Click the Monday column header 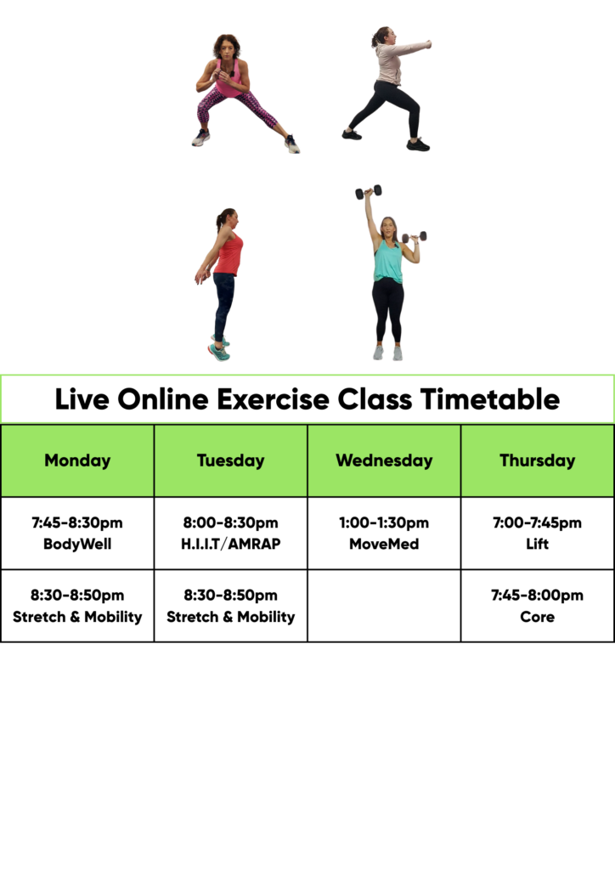coord(77,460)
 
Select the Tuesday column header coord(231,460)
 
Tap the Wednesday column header coord(384,460)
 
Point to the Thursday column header coord(538,460)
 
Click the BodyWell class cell coord(77,534)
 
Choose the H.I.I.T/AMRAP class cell coord(231,534)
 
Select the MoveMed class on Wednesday coord(384,534)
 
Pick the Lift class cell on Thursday coord(538,534)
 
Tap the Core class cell coord(538,606)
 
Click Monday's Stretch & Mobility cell coord(77,606)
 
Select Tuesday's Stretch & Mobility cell coord(231,606)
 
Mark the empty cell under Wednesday coord(384,606)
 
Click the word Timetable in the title coord(489,399)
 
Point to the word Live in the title coord(82,399)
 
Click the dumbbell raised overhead coord(368,192)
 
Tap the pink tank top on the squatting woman coord(229,81)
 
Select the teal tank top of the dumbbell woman coord(387,262)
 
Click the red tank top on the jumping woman coord(229,255)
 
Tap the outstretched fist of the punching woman coord(427,44)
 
